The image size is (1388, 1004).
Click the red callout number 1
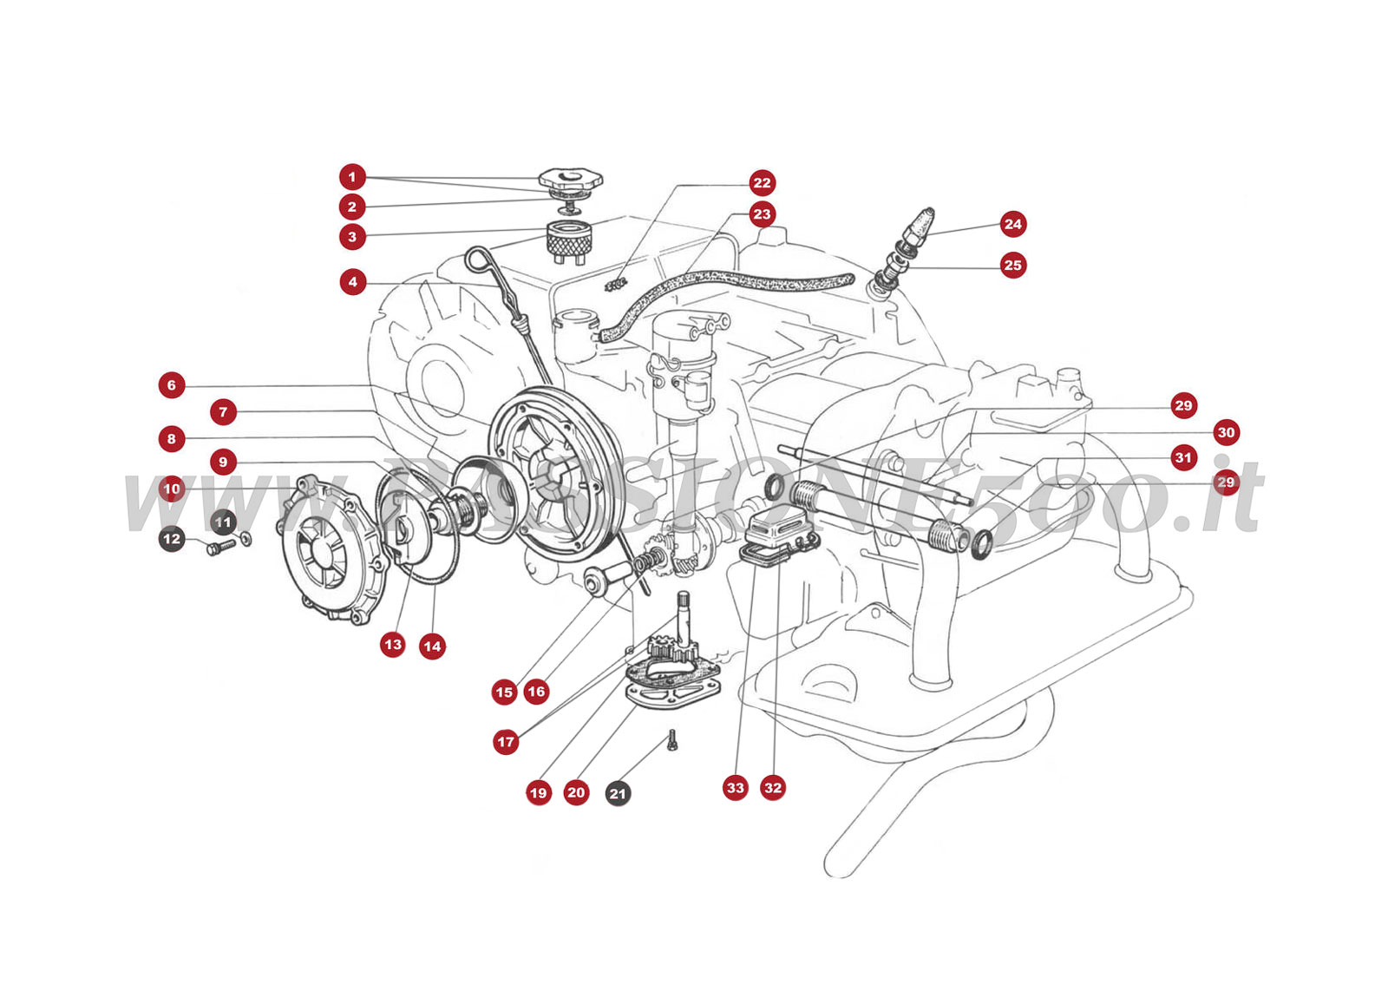pyautogui.click(x=351, y=177)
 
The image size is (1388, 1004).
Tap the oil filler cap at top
pyautogui.click(x=570, y=181)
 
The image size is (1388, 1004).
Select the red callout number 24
pyautogui.click(x=1012, y=224)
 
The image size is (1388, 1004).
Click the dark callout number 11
pyautogui.click(x=224, y=522)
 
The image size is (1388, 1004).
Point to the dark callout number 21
pyautogui.click(x=618, y=793)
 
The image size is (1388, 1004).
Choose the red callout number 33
pyautogui.click(x=736, y=788)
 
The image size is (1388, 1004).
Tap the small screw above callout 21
pyautogui.click(x=672, y=740)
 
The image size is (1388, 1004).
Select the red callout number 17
pyautogui.click(x=506, y=742)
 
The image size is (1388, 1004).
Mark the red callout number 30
pyautogui.click(x=1226, y=432)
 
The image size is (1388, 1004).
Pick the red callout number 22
pyautogui.click(x=762, y=182)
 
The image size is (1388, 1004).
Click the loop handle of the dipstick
pyautogui.click(x=477, y=258)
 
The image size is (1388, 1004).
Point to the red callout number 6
pyautogui.click(x=172, y=385)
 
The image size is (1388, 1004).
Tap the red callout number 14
pyautogui.click(x=432, y=646)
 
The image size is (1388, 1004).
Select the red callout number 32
pyautogui.click(x=772, y=788)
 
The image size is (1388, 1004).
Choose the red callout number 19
pyautogui.click(x=539, y=792)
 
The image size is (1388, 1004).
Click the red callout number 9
pyautogui.click(x=223, y=462)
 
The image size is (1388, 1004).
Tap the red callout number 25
pyautogui.click(x=1012, y=265)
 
